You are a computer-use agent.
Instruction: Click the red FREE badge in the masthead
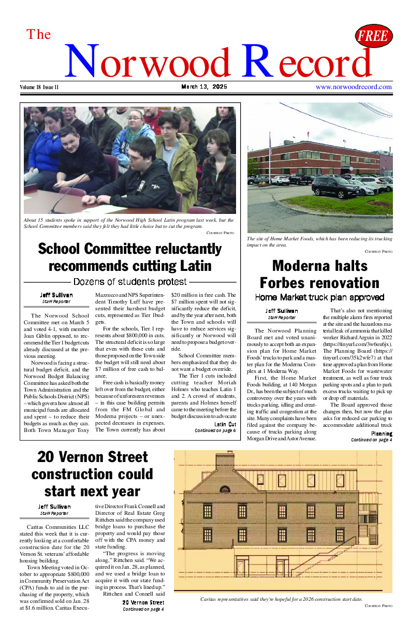click(x=374, y=36)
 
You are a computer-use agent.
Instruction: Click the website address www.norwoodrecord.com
click(x=354, y=87)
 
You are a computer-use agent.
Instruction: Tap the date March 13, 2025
click(x=204, y=87)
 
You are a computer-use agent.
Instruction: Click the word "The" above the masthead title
click(x=39, y=34)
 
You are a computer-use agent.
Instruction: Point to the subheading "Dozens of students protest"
click(x=130, y=282)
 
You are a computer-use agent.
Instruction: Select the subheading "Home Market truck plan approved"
click(x=319, y=297)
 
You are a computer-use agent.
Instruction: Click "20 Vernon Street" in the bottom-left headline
click(x=93, y=457)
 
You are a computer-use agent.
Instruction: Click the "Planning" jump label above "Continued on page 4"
click(x=382, y=434)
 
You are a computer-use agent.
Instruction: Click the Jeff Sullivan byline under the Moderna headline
click(x=282, y=311)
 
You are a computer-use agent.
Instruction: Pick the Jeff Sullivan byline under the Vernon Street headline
click(x=54, y=507)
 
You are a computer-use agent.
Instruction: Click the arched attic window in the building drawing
click(x=225, y=488)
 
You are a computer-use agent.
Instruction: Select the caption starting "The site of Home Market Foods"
click(x=319, y=241)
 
